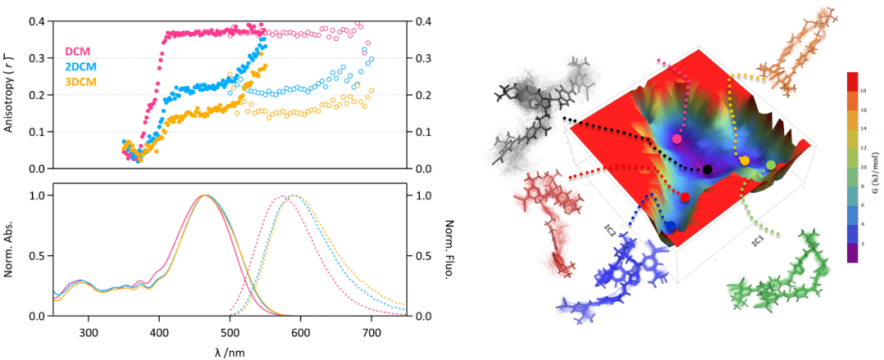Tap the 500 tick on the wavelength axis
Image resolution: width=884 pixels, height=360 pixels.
(x=230, y=332)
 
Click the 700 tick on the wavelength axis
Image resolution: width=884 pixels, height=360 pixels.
(x=371, y=332)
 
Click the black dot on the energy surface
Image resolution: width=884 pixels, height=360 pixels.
(x=707, y=169)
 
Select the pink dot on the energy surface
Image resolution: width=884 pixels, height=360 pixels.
(x=677, y=139)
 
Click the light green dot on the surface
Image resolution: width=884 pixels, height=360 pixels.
(x=770, y=165)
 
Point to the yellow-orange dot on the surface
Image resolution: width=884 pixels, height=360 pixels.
(x=745, y=160)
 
